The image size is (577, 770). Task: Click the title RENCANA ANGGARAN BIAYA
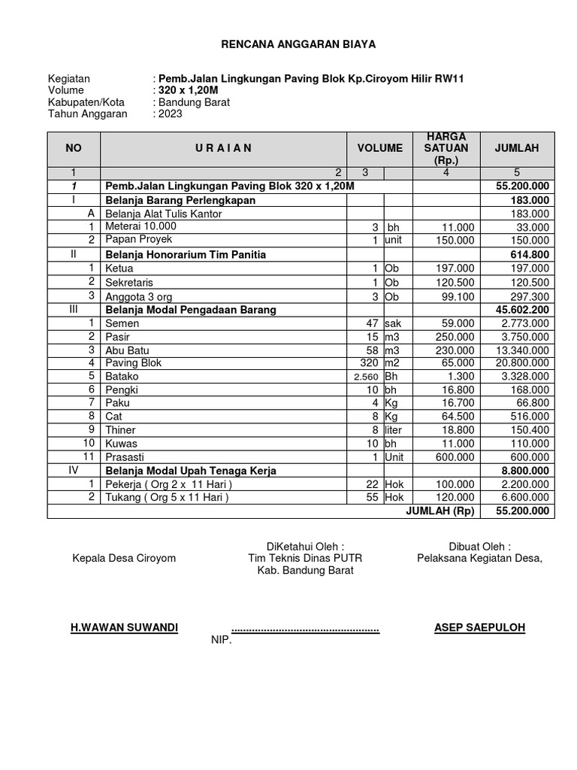(x=298, y=45)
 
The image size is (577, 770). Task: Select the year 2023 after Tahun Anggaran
(x=169, y=114)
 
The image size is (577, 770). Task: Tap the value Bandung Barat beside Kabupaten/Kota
(x=193, y=102)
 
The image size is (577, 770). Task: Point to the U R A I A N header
(x=222, y=148)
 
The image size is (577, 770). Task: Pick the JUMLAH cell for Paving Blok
(x=524, y=362)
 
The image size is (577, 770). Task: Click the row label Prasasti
(x=125, y=457)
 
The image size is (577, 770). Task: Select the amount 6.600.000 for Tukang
(x=524, y=497)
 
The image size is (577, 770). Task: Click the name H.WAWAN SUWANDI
(x=124, y=627)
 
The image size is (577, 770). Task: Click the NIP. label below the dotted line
(x=222, y=641)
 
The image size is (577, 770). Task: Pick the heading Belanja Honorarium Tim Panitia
(x=186, y=255)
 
